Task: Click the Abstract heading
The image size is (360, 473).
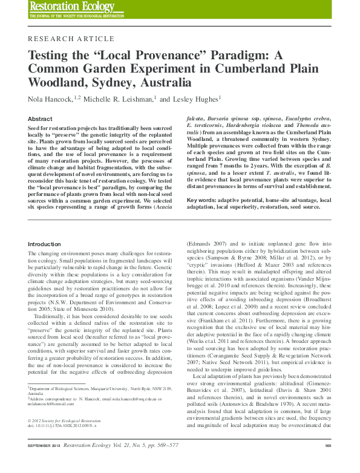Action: click(41, 119)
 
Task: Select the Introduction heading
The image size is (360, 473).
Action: click(45, 244)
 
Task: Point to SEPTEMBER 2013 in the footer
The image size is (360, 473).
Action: click(47, 462)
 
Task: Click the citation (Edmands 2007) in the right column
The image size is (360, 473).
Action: click(207, 244)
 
